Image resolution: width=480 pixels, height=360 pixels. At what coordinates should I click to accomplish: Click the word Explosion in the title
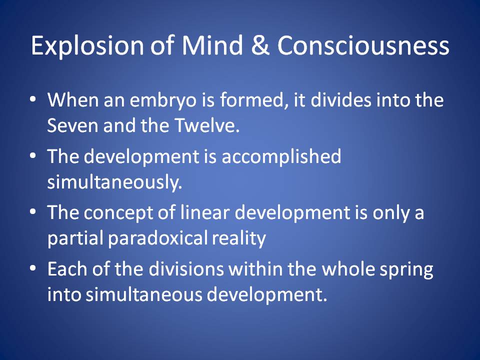tap(87, 46)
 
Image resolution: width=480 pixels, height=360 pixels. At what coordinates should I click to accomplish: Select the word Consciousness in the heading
tap(363, 45)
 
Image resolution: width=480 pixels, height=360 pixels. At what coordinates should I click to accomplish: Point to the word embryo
tap(163, 100)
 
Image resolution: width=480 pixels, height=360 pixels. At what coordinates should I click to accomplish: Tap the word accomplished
tap(281, 157)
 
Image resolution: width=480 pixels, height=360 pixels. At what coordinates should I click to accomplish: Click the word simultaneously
tap(114, 182)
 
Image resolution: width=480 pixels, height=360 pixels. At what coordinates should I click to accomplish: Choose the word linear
tap(204, 212)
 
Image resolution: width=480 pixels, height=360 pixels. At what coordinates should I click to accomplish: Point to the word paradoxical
tap(156, 239)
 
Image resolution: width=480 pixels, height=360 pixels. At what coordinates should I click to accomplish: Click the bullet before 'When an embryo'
tap(33, 100)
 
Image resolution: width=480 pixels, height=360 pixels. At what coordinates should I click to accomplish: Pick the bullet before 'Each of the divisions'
tap(33, 269)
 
